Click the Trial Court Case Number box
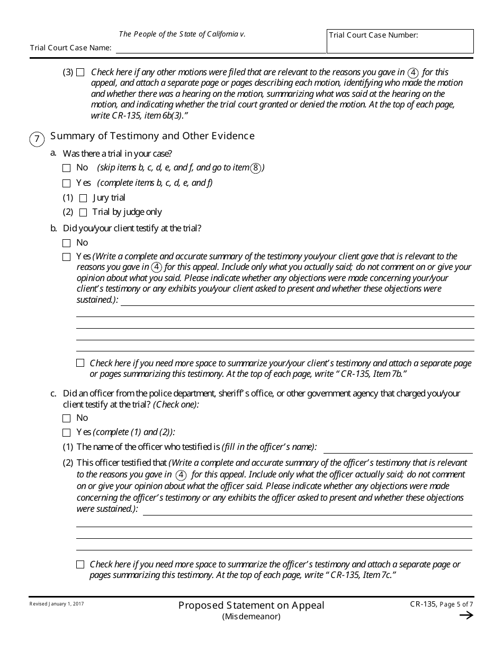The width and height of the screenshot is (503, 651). (x=400, y=41)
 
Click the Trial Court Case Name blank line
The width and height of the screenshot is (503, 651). (x=220, y=48)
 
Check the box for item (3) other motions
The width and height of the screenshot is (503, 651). (x=80, y=73)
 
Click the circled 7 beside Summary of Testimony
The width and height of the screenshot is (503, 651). (x=37, y=140)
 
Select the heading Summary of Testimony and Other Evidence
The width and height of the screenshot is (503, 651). (x=152, y=136)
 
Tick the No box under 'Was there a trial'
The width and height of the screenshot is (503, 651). (x=66, y=168)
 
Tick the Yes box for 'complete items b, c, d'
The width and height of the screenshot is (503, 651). (x=66, y=184)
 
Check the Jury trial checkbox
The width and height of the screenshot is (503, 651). (x=83, y=198)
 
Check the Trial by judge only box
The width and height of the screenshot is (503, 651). (x=83, y=213)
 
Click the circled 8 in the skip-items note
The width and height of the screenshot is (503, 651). (x=256, y=168)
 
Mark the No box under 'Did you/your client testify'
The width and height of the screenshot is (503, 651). (x=66, y=243)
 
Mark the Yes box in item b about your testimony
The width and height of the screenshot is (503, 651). (x=66, y=257)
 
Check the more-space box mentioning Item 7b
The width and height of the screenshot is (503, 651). (x=80, y=363)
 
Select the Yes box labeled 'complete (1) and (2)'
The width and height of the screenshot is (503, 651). (x=66, y=432)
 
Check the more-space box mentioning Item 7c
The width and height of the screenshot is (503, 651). (x=80, y=565)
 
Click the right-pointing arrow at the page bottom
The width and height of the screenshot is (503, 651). (x=466, y=615)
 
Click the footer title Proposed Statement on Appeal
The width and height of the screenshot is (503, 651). (x=251, y=605)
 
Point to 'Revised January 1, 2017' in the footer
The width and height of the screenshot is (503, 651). (x=57, y=604)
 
